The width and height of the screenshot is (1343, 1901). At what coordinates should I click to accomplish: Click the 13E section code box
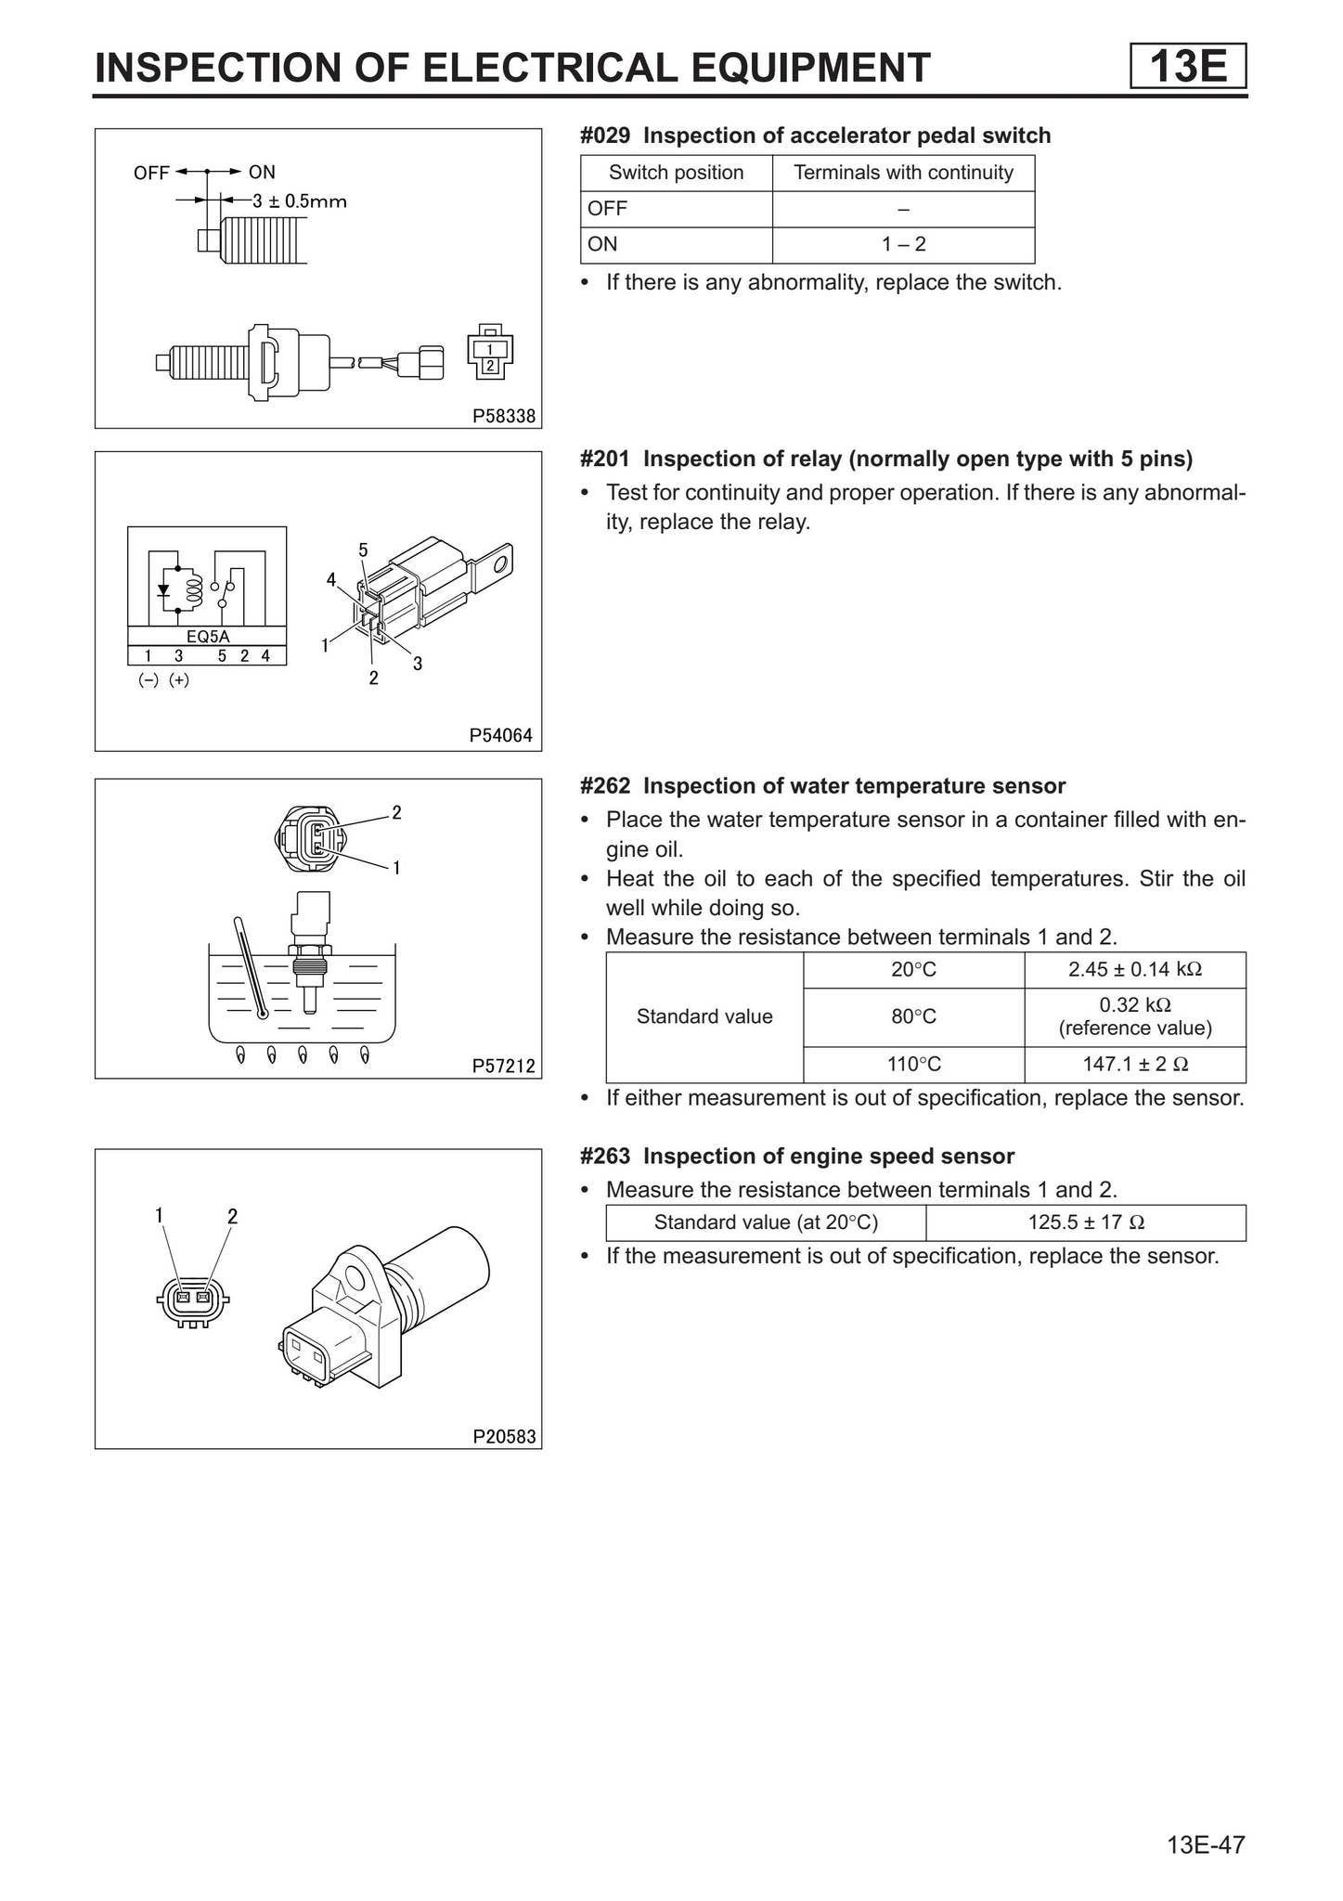pyautogui.click(x=1188, y=67)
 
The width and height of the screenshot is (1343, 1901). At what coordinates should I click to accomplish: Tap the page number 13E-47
pyautogui.click(x=1206, y=1844)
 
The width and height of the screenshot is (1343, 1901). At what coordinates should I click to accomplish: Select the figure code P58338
pyautogui.click(x=504, y=417)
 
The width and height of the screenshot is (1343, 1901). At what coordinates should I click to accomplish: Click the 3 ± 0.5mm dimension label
pyautogui.click(x=299, y=200)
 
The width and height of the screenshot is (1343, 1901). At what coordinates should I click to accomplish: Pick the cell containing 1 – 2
pyautogui.click(x=903, y=245)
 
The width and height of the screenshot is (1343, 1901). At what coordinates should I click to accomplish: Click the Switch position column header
pyautogui.click(x=676, y=173)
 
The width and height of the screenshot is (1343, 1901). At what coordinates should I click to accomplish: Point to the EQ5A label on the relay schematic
pyautogui.click(x=207, y=637)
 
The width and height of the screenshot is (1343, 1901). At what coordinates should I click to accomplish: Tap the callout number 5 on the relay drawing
pyautogui.click(x=363, y=550)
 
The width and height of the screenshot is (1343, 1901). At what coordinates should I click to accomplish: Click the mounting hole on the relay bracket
pyautogui.click(x=501, y=563)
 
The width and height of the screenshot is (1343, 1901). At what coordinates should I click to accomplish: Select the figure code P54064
pyautogui.click(x=501, y=736)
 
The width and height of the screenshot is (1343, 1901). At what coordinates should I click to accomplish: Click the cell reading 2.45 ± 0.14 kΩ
pyautogui.click(x=1134, y=970)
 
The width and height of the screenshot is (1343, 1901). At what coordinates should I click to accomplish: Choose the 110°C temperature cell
pyautogui.click(x=913, y=1065)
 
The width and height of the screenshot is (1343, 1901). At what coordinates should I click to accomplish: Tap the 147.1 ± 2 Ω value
pyautogui.click(x=1134, y=1065)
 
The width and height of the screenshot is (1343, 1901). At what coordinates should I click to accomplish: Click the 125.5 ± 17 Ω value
pyautogui.click(x=1085, y=1222)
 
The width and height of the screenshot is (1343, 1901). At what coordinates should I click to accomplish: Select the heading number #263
pyautogui.click(x=605, y=1157)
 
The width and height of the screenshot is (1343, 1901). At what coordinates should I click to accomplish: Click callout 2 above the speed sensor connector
pyautogui.click(x=232, y=1216)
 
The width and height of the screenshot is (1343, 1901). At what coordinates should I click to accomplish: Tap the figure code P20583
pyautogui.click(x=504, y=1437)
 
